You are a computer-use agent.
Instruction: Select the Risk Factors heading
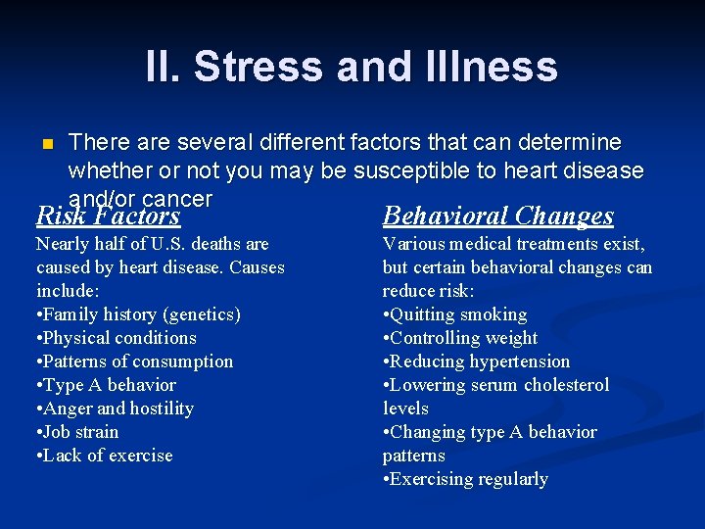(108, 216)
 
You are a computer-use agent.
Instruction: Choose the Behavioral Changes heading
(497, 216)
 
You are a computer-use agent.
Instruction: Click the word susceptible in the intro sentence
(406, 171)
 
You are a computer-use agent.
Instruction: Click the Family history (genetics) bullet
(138, 314)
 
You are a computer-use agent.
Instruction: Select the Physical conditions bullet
(117, 338)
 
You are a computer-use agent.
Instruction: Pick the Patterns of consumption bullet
(135, 361)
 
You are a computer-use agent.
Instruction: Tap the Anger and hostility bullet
(115, 409)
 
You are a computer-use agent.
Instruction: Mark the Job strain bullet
(77, 432)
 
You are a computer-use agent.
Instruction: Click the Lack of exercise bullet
(104, 456)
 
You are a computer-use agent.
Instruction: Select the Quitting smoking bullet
(455, 314)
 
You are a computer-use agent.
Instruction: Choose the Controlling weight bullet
(460, 338)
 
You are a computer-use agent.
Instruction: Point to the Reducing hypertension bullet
(476, 361)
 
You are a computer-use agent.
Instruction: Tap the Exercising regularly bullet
(465, 479)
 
